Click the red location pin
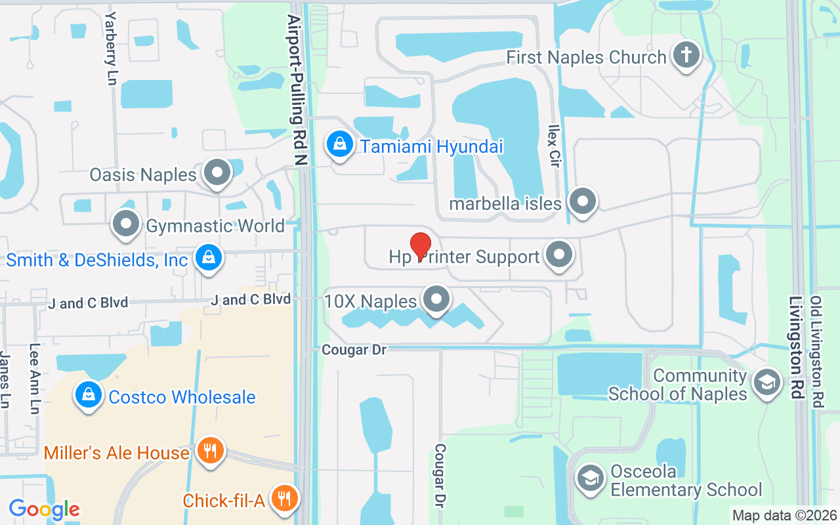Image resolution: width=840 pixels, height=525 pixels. pos(420,245)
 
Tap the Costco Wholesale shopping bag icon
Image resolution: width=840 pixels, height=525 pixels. pos(87,396)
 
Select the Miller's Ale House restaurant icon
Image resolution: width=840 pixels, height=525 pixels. pos(210,451)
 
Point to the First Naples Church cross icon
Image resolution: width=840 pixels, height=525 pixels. pos(686,56)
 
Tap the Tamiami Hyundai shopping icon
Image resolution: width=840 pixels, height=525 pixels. pos(340,145)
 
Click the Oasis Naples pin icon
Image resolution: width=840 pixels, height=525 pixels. pos(217,173)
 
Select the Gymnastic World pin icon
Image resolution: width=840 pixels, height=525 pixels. pos(126,225)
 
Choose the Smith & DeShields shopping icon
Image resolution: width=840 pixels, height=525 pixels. pos(208,259)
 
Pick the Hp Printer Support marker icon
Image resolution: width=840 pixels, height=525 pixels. pos(559,255)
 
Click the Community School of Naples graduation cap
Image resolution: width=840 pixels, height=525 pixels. pos(766,383)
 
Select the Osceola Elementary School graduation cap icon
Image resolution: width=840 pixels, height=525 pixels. pos(590,479)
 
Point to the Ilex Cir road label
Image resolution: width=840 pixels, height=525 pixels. pos(555,145)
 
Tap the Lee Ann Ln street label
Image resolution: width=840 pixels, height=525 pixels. pos(34,379)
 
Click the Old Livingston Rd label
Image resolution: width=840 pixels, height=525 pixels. pos(816,352)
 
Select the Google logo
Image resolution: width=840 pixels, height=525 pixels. pos(44,509)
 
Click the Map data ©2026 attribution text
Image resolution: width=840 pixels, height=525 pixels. pos(785,515)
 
